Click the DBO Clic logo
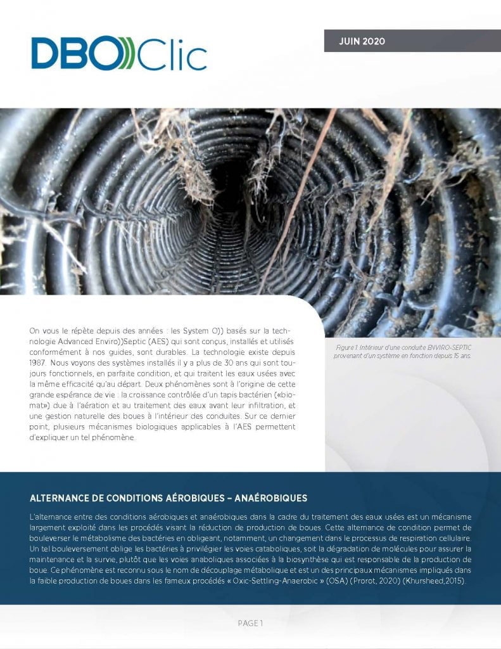pyautogui.click(x=119, y=53)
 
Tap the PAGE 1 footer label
pyautogui.click(x=250, y=624)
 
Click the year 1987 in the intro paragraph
pyautogui.click(x=41, y=362)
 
